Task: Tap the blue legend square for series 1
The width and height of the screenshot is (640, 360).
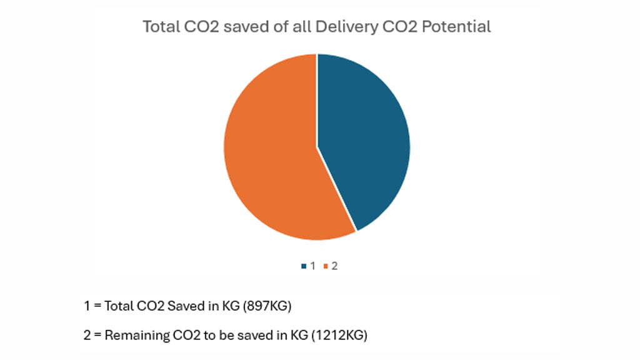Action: click(x=303, y=266)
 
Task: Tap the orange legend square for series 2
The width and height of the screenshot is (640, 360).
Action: click(x=326, y=266)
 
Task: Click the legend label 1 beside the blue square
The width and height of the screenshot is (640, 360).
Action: click(x=312, y=266)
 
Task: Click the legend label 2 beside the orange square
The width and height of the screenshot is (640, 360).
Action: click(x=334, y=266)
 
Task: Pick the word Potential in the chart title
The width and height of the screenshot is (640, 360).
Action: click(x=459, y=27)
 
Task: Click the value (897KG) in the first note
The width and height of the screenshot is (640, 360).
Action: click(x=269, y=306)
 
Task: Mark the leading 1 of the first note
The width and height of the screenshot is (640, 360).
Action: click(x=86, y=306)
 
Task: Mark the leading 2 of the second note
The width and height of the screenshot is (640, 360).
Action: click(x=87, y=335)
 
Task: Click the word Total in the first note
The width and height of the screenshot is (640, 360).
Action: click(x=119, y=306)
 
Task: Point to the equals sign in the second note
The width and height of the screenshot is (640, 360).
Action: click(x=97, y=335)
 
